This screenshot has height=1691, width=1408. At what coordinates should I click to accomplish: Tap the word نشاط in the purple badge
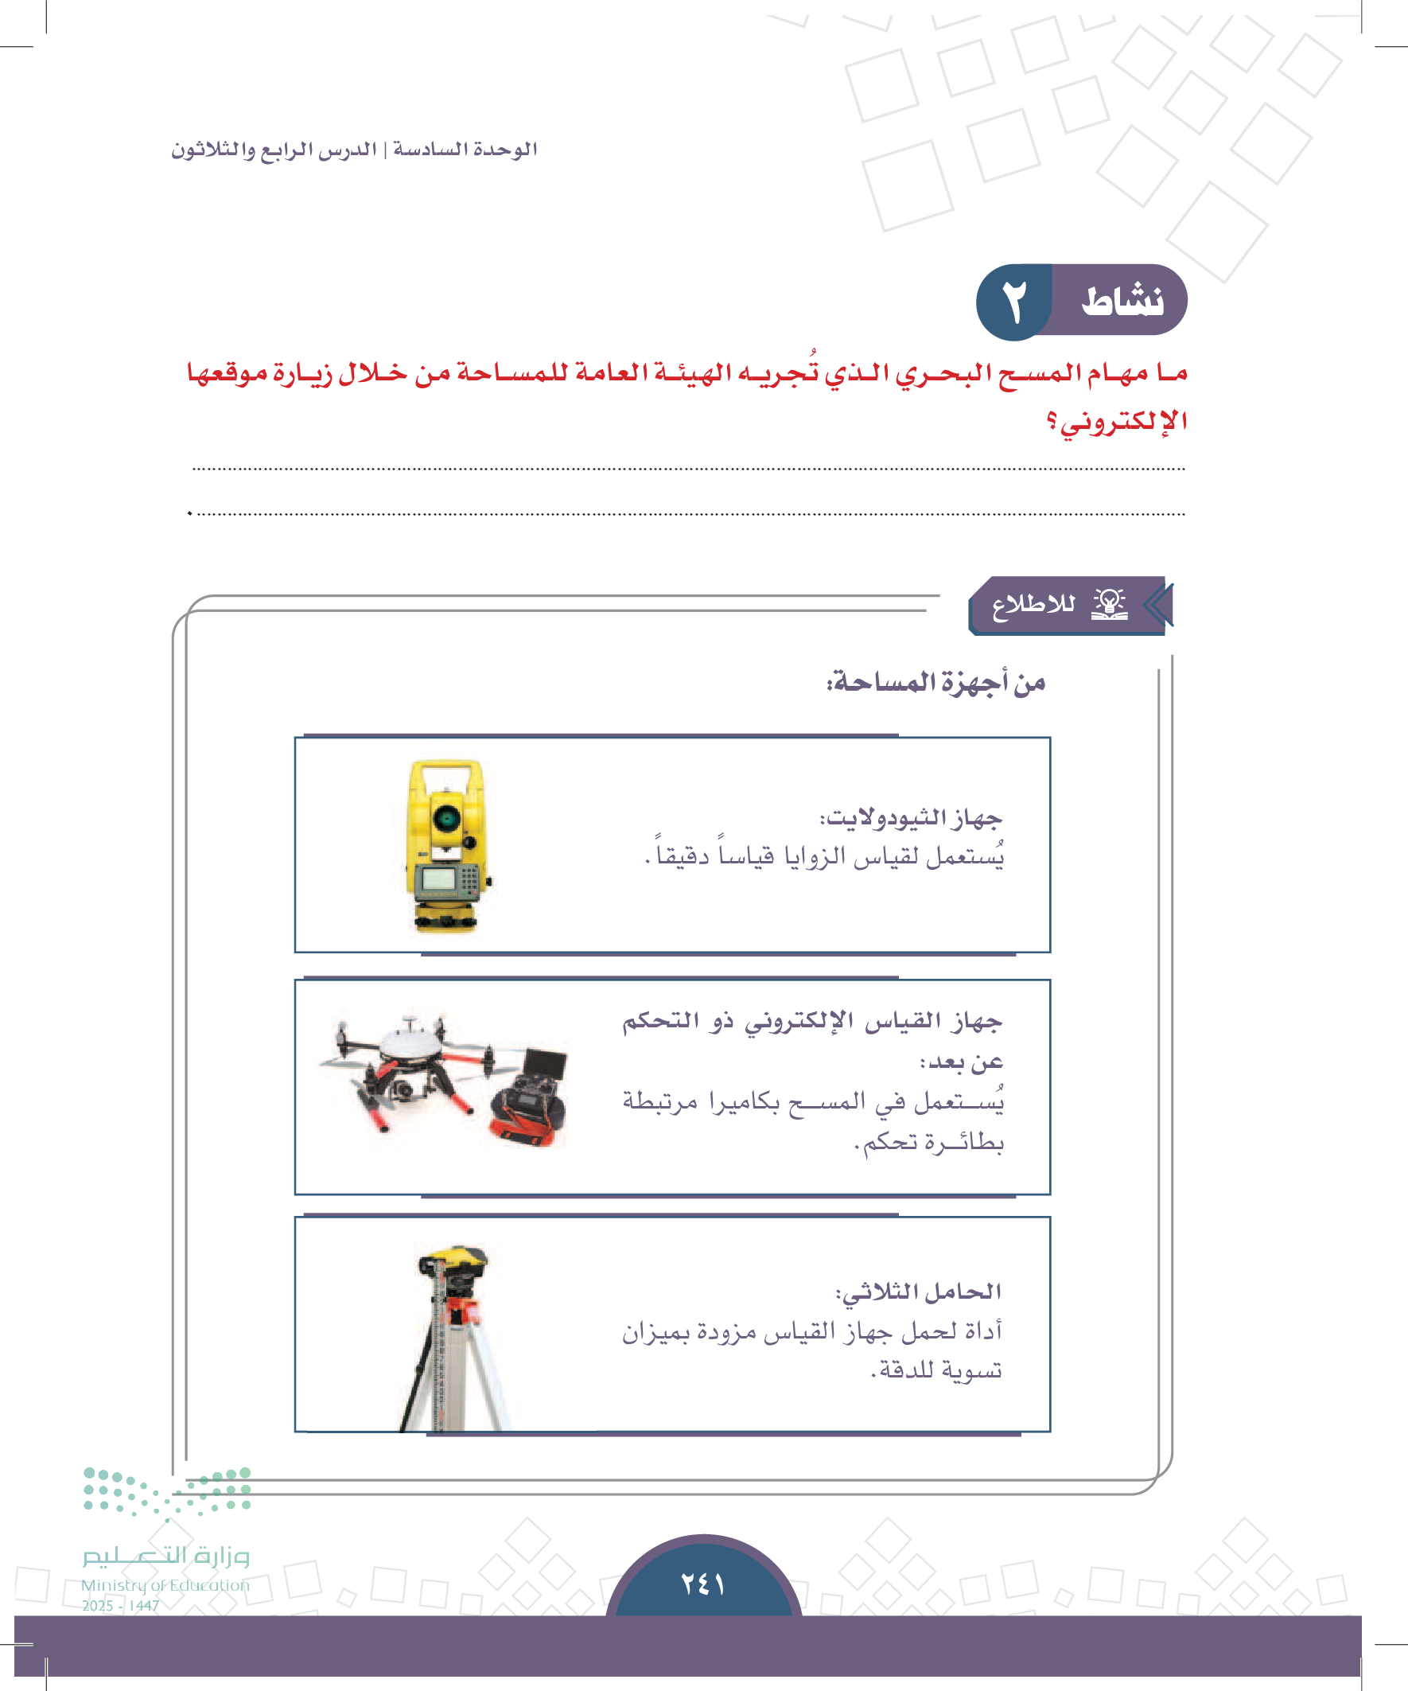coord(1122,301)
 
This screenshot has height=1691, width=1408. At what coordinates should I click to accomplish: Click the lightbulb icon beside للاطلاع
coord(1110,603)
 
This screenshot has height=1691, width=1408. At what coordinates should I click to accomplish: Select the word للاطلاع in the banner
coord(1033,604)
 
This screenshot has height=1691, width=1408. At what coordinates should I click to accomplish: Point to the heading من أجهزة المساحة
coord(935,683)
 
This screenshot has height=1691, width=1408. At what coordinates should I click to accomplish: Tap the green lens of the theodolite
coord(447,819)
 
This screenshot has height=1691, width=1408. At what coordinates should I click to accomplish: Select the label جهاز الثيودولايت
coord(911,819)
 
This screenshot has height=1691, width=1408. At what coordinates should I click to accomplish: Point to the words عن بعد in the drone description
coord(962,1063)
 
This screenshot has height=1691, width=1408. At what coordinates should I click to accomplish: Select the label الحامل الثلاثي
coord(919,1292)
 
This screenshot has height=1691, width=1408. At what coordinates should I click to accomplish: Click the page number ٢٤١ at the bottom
coord(702,1584)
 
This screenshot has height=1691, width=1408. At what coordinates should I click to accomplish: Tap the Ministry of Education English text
coord(165,1584)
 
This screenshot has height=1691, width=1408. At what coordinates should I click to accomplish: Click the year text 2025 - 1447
coord(121,1606)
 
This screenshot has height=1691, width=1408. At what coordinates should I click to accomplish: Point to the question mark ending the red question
coord(1052,421)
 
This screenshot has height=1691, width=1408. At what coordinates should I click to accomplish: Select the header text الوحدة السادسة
coord(465,150)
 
